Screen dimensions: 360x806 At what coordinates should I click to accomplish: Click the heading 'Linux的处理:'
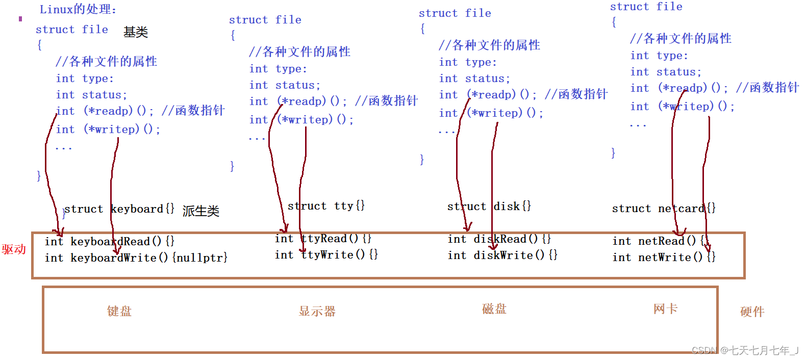78,9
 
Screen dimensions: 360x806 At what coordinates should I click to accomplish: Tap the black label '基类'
136,32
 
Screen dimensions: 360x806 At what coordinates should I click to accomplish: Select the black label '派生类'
201,211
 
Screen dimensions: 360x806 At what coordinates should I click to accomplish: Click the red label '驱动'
14,249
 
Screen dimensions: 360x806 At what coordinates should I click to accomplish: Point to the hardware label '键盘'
119,311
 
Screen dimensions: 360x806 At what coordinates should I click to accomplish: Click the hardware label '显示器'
317,311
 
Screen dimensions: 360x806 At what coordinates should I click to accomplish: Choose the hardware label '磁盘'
494,308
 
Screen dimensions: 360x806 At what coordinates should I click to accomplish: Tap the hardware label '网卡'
666,308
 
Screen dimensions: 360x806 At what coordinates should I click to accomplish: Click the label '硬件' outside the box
752,312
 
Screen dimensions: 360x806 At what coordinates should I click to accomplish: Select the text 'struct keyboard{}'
119,209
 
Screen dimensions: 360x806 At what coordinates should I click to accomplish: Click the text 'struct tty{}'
326,206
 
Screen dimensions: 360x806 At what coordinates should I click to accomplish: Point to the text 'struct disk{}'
489,207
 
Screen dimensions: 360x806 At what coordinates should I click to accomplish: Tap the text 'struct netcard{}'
664,209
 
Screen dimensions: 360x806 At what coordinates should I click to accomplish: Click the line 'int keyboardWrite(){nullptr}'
136,258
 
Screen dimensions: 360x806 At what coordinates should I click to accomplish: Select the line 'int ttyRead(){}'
323,239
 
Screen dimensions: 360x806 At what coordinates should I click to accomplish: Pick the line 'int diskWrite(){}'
502,255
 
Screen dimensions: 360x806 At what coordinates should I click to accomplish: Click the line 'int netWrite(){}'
664,258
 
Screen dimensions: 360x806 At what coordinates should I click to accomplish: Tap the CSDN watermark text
745,350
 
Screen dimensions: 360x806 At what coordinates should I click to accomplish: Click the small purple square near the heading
20,19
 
